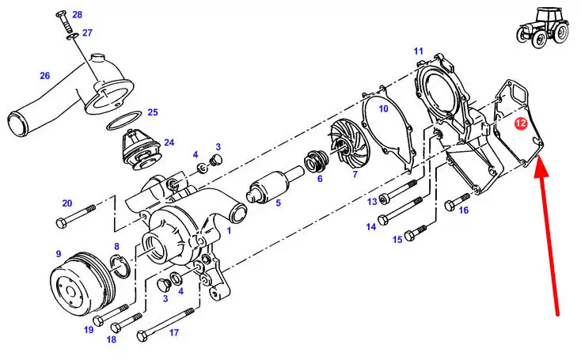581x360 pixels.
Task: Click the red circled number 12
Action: click(x=521, y=123)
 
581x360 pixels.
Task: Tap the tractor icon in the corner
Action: click(x=543, y=28)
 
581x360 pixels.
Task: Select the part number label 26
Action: click(x=45, y=75)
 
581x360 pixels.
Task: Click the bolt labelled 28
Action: click(x=65, y=22)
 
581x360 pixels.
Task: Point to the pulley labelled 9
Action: click(x=82, y=279)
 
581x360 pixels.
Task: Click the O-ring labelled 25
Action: click(x=124, y=120)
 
